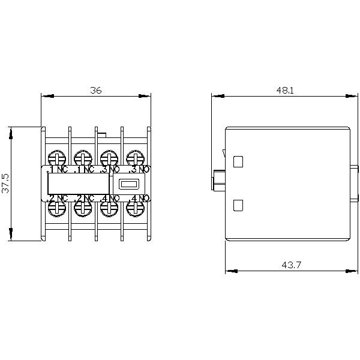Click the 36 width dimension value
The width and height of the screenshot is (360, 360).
[96, 90]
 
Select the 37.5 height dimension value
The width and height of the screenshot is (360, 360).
[6, 183]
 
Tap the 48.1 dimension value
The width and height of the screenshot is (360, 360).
[285, 90]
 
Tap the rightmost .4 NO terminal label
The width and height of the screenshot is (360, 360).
[140, 198]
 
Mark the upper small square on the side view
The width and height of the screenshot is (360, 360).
[238, 161]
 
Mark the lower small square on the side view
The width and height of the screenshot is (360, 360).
[238, 205]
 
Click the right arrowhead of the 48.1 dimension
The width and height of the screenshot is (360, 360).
[347, 95]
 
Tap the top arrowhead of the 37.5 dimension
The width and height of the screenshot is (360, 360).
[11, 131]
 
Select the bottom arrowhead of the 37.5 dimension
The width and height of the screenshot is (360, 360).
[11, 236]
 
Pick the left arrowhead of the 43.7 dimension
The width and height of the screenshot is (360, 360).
[229, 271]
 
